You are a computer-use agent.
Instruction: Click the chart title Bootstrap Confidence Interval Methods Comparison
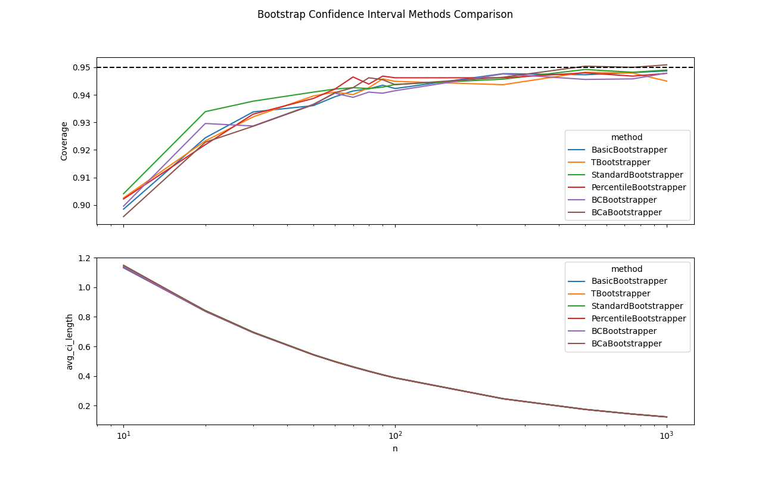click(385, 14)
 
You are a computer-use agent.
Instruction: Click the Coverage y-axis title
click(64, 141)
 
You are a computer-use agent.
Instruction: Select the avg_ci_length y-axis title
click(70, 342)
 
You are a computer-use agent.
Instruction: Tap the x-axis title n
click(395, 448)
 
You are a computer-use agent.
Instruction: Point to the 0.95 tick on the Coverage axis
click(80, 67)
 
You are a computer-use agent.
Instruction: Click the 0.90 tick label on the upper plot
click(80, 205)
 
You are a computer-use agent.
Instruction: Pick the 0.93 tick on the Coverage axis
click(80, 123)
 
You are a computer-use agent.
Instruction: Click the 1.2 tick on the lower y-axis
click(84, 258)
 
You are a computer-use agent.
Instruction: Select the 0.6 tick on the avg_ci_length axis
click(84, 347)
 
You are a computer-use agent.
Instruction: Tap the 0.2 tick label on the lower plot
click(84, 406)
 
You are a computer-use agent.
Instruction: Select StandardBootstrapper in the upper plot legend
click(637, 175)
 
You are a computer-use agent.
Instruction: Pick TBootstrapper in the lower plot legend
click(620, 293)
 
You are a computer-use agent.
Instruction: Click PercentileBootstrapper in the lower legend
click(638, 318)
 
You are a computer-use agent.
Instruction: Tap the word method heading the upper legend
click(627, 137)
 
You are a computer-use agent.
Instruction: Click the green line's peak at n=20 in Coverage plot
click(205, 111)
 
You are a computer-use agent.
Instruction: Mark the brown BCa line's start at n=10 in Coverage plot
click(123, 216)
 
